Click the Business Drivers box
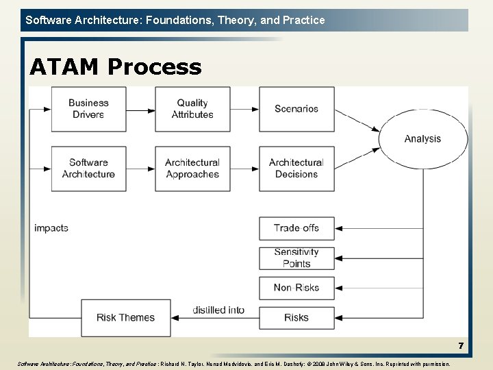pyautogui.click(x=89, y=109)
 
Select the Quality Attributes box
pyautogui.click(x=192, y=109)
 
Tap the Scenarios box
pyautogui.click(x=296, y=109)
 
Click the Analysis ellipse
pyautogui.click(x=422, y=138)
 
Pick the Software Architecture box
pyautogui.click(x=89, y=169)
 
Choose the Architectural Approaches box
pyautogui.click(x=192, y=169)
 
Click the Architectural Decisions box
pyautogui.click(x=296, y=169)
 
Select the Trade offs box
pyautogui.click(x=296, y=228)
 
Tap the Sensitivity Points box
pyautogui.click(x=296, y=258)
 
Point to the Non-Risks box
pyautogui.click(x=296, y=288)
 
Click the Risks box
pyautogui.click(x=296, y=317)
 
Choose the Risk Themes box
pyautogui.click(x=126, y=318)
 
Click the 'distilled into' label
pyautogui.click(x=218, y=310)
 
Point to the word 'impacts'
pyautogui.click(x=51, y=228)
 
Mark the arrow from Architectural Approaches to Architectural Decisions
pyautogui.click(x=244, y=169)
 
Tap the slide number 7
pyautogui.click(x=461, y=346)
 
